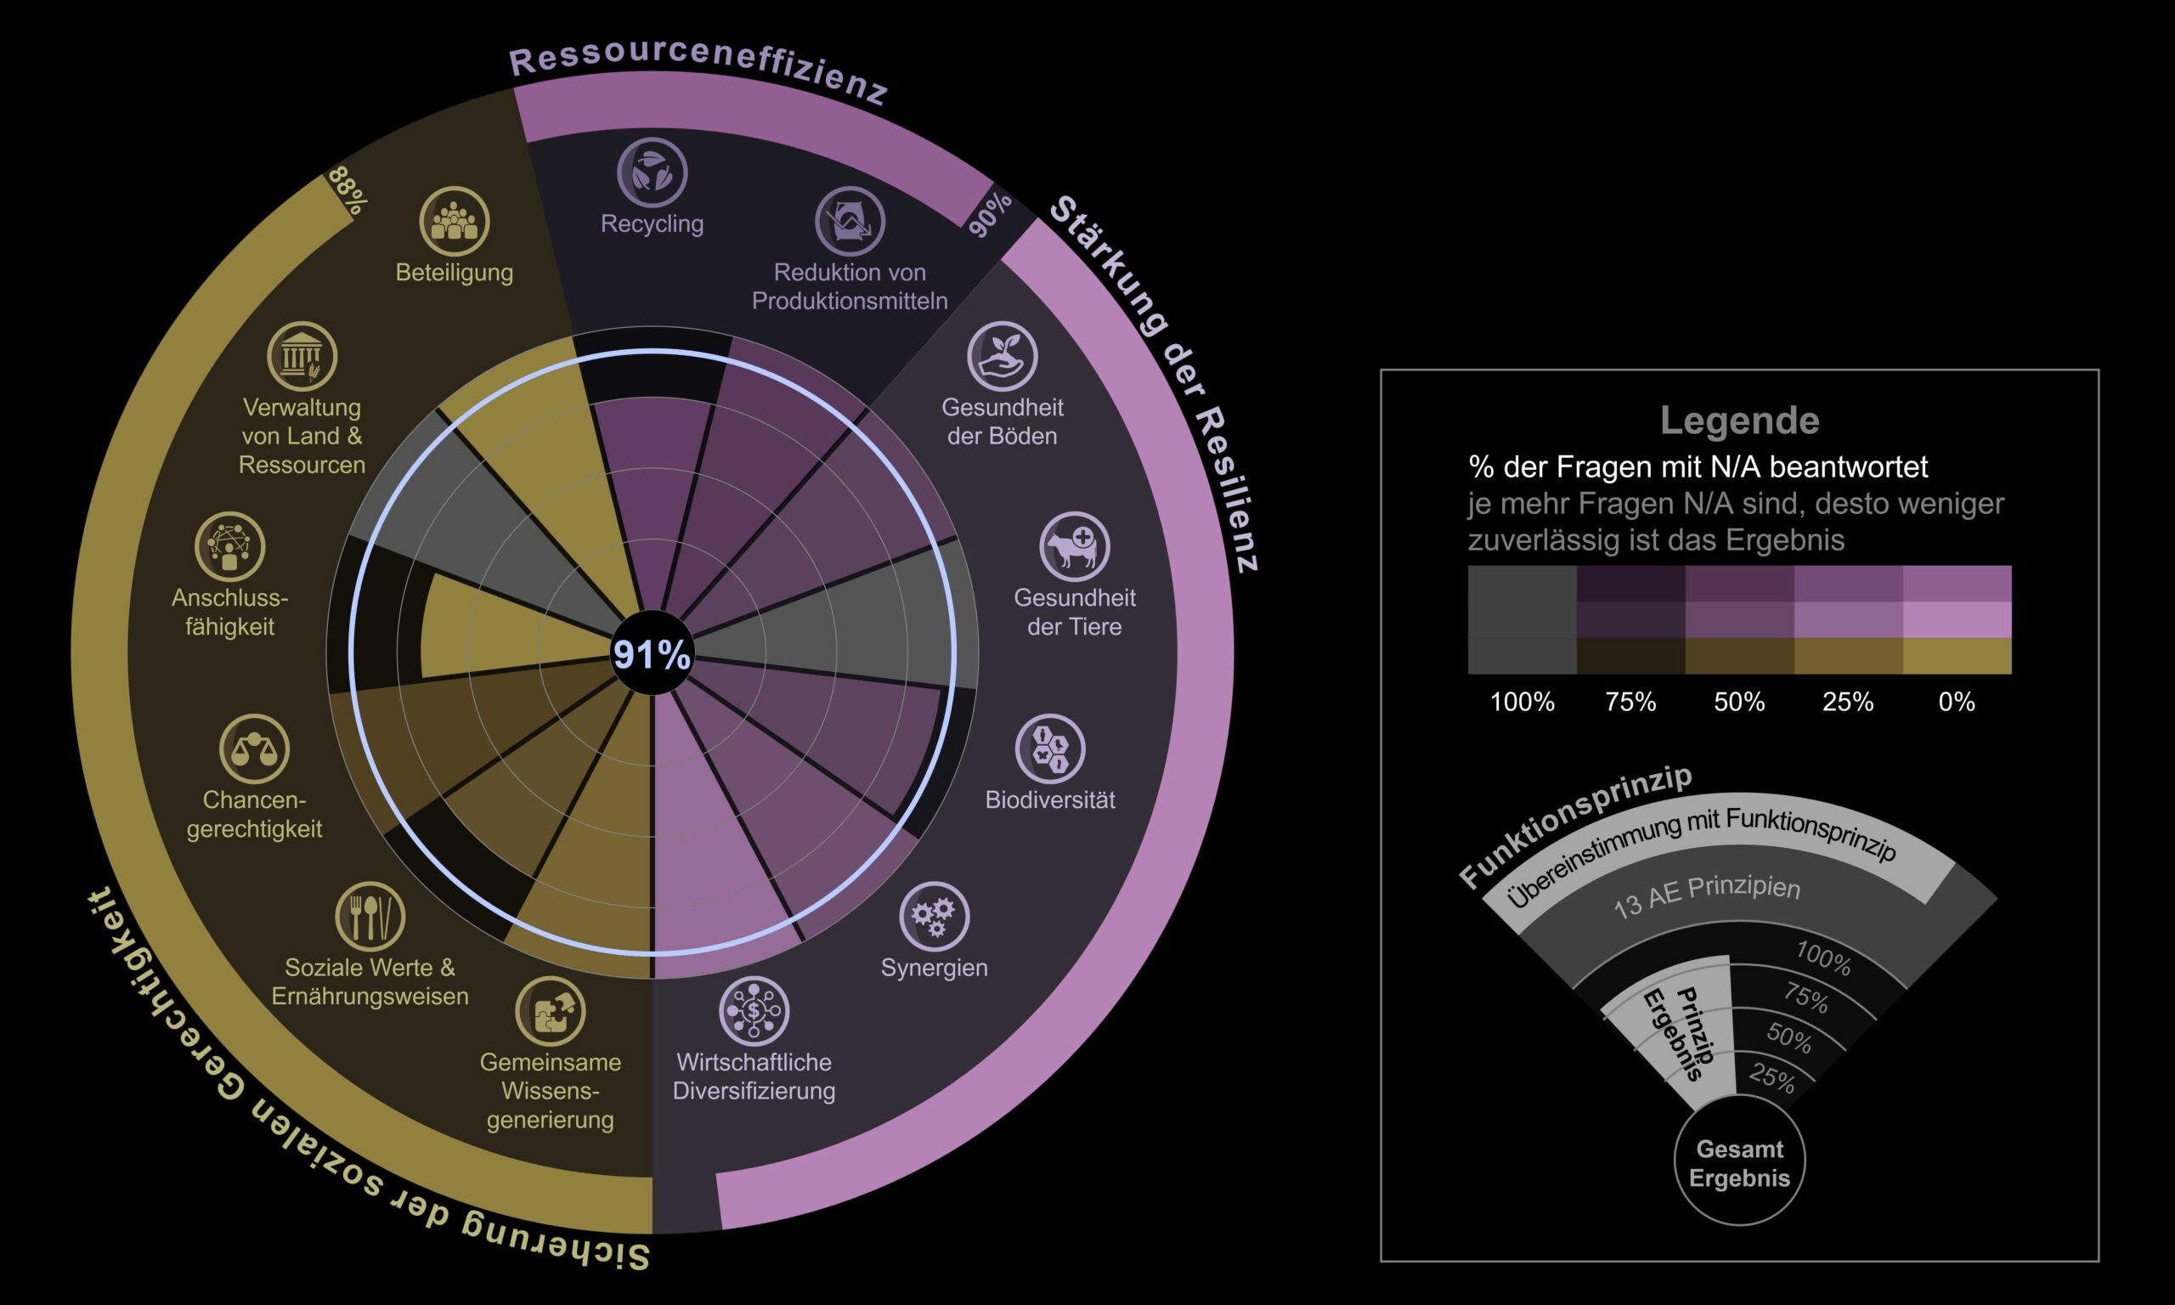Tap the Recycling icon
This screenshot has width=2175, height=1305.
(x=652, y=172)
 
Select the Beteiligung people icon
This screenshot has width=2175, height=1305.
(x=454, y=221)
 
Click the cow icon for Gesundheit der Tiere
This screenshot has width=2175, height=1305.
(x=1074, y=546)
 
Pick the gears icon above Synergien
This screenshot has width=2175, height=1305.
(x=934, y=917)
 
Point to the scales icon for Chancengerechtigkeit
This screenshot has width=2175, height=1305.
(x=254, y=749)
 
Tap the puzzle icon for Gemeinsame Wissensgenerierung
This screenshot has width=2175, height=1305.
(x=551, y=1010)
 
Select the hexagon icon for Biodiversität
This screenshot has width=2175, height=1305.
(x=1050, y=749)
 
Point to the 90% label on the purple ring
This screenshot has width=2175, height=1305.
(x=990, y=215)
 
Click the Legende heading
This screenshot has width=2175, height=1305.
(x=1739, y=421)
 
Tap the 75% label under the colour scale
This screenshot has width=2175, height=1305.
(x=1630, y=702)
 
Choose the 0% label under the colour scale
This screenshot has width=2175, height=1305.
(x=1957, y=702)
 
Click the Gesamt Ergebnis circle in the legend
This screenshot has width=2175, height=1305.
(x=1739, y=1162)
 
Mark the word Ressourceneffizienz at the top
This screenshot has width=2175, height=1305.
(x=699, y=69)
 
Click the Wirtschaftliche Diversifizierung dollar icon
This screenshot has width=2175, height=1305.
(x=754, y=1010)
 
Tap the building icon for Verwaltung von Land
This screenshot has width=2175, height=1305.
(x=302, y=356)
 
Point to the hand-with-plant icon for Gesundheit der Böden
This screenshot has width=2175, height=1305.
(x=1003, y=356)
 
